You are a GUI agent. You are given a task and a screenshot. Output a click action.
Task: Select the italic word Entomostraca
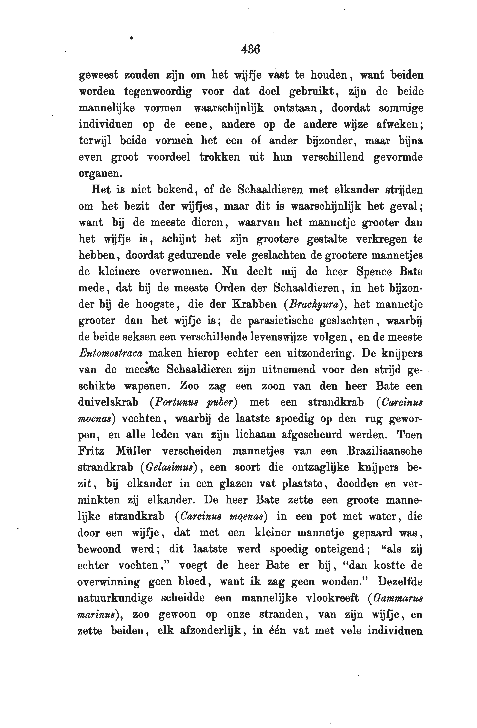pos(110,353)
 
